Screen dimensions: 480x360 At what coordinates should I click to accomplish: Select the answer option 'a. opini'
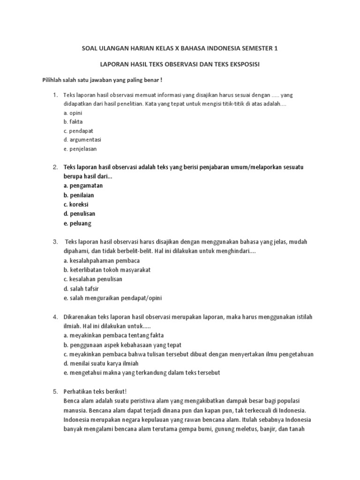click(x=73, y=113)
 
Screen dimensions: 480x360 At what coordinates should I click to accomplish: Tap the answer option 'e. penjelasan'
click(x=80, y=149)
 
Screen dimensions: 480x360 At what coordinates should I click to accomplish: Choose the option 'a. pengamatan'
click(x=83, y=186)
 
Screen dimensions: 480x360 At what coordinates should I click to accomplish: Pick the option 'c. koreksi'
click(x=76, y=204)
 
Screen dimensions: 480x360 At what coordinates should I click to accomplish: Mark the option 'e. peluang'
click(x=77, y=223)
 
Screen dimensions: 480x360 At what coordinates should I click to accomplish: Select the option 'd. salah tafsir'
click(x=81, y=288)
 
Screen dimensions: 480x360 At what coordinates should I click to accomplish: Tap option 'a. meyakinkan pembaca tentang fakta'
click(x=110, y=336)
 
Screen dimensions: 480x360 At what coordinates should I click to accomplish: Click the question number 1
click(x=54, y=95)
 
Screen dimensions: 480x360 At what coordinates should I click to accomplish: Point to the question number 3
click(x=54, y=242)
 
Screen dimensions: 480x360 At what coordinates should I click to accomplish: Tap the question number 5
click(x=54, y=391)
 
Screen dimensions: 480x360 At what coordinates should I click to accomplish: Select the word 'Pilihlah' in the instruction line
click(x=55, y=80)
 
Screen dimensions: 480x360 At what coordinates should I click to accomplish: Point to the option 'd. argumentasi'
click(x=82, y=140)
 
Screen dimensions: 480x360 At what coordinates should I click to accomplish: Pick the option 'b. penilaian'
click(x=79, y=195)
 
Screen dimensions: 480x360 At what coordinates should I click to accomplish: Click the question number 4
click(x=54, y=317)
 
